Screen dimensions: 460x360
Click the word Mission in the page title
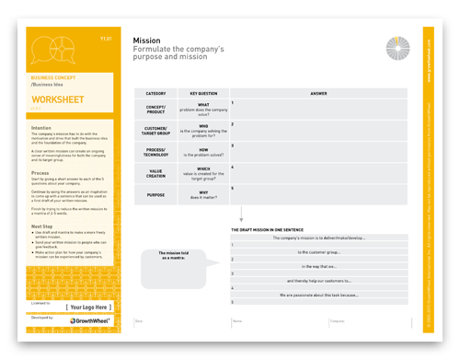147,41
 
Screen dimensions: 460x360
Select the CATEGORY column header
155,93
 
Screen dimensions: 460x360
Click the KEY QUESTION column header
203,93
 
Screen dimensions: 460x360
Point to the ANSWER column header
318,93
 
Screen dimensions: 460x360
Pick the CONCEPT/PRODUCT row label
155,108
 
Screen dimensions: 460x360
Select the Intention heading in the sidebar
41,128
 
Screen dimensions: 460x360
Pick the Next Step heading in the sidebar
42,226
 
